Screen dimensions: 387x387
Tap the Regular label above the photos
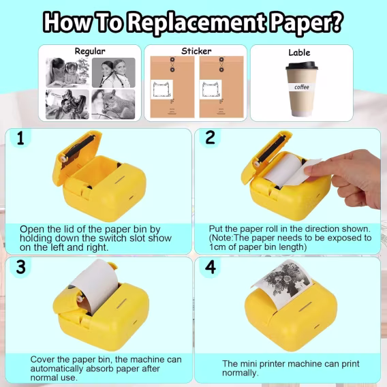click(x=90, y=52)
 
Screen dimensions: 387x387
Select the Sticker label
click(x=196, y=51)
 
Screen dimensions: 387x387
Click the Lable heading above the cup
click(x=299, y=52)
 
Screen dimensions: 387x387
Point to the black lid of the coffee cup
click(x=302, y=65)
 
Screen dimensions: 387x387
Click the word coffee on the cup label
click(x=302, y=87)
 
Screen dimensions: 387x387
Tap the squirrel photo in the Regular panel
click(x=113, y=104)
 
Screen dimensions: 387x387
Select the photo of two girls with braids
click(x=114, y=72)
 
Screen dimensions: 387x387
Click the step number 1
click(x=20, y=138)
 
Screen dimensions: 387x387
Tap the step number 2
click(x=210, y=138)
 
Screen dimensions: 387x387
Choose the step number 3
click(x=20, y=267)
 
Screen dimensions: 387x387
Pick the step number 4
click(x=211, y=267)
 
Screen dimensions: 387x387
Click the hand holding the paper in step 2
click(x=345, y=178)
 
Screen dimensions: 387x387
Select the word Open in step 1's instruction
click(x=32, y=230)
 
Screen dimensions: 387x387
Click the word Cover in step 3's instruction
click(x=43, y=359)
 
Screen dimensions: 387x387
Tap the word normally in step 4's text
click(x=240, y=373)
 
